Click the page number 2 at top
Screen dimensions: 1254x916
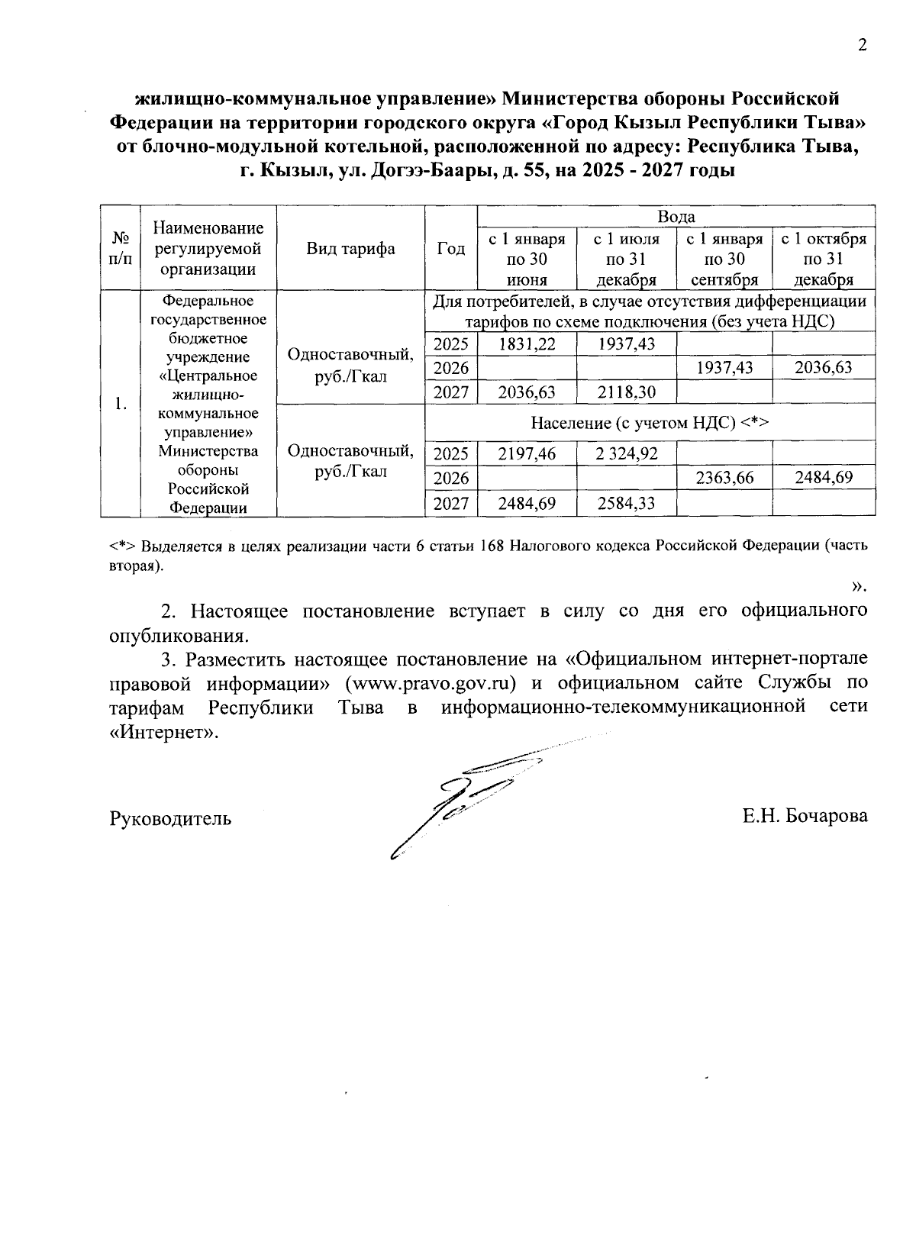click(x=863, y=46)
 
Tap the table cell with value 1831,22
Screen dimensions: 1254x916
click(x=527, y=344)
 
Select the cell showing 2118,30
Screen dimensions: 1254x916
click(x=626, y=392)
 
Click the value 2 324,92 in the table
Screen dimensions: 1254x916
click(x=626, y=454)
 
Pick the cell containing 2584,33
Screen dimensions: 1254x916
click(x=626, y=504)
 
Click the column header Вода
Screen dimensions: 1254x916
click(x=676, y=217)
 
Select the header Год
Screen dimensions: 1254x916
click(x=451, y=249)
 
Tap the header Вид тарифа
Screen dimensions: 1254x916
click(x=350, y=249)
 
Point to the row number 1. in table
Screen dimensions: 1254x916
click(x=121, y=404)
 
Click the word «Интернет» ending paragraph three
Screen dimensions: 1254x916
click(x=163, y=732)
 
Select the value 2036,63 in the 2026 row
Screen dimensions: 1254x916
click(x=824, y=369)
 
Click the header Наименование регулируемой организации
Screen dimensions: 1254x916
click(x=208, y=249)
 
